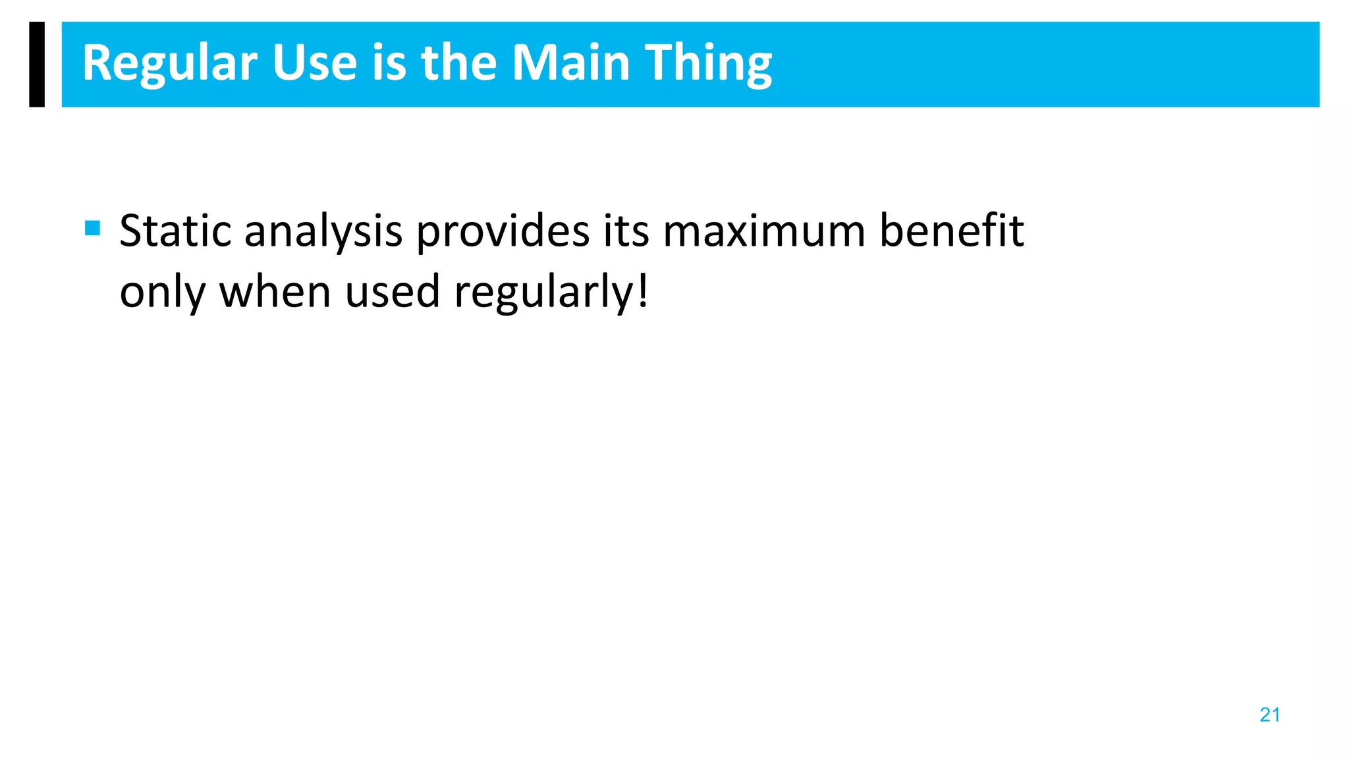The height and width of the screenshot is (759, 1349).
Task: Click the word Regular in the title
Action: tap(169, 64)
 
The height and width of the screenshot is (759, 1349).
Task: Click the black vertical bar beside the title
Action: tap(37, 64)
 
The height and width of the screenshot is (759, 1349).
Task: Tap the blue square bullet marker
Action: tap(93, 229)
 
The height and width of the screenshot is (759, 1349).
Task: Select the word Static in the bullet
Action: tap(175, 231)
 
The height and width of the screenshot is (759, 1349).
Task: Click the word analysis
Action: tap(323, 233)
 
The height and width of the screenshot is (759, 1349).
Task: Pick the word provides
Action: tap(503, 233)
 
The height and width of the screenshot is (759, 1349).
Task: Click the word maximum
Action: tap(763, 231)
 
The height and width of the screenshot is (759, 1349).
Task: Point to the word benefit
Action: tap(951, 231)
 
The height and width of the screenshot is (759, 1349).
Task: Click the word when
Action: tap(275, 292)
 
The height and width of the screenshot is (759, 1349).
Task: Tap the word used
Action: tap(392, 292)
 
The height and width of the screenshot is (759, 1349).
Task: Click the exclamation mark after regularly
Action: tap(643, 292)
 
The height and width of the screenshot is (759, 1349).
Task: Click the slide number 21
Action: tap(1269, 715)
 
